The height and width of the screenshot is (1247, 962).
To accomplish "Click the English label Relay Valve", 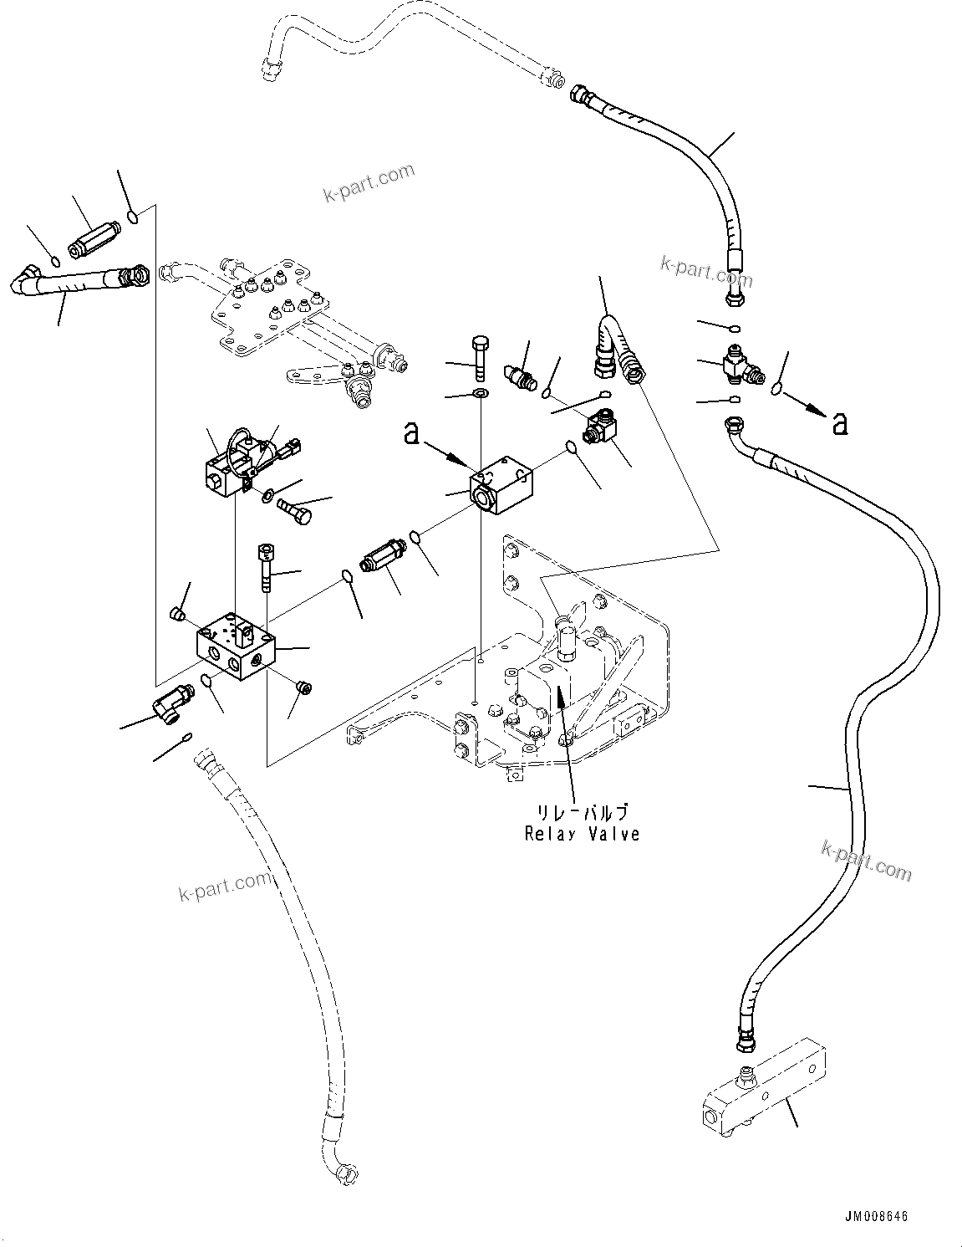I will click(582, 834).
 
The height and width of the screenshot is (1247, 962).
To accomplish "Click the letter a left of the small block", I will click(411, 433).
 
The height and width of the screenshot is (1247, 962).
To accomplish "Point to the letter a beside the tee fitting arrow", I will click(840, 423).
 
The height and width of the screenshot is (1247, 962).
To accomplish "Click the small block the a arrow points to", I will click(501, 485).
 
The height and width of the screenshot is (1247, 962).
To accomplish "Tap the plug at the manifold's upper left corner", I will click(176, 615).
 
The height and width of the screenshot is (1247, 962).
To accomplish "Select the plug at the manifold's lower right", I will click(304, 687).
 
